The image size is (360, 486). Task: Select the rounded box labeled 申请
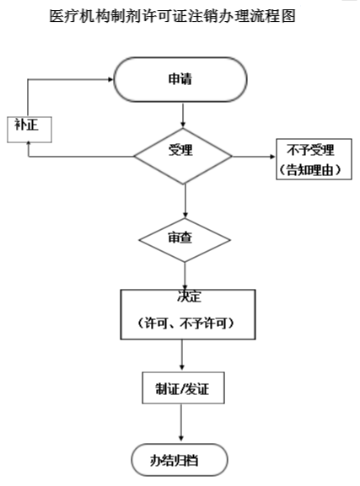[180, 81]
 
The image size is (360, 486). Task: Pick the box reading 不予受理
[311, 151]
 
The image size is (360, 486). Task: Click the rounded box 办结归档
[179, 461]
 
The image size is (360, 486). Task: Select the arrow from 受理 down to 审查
[185, 198]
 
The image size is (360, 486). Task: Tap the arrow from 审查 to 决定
[185, 275]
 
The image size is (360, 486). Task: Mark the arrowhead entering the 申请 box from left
[110, 81]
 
